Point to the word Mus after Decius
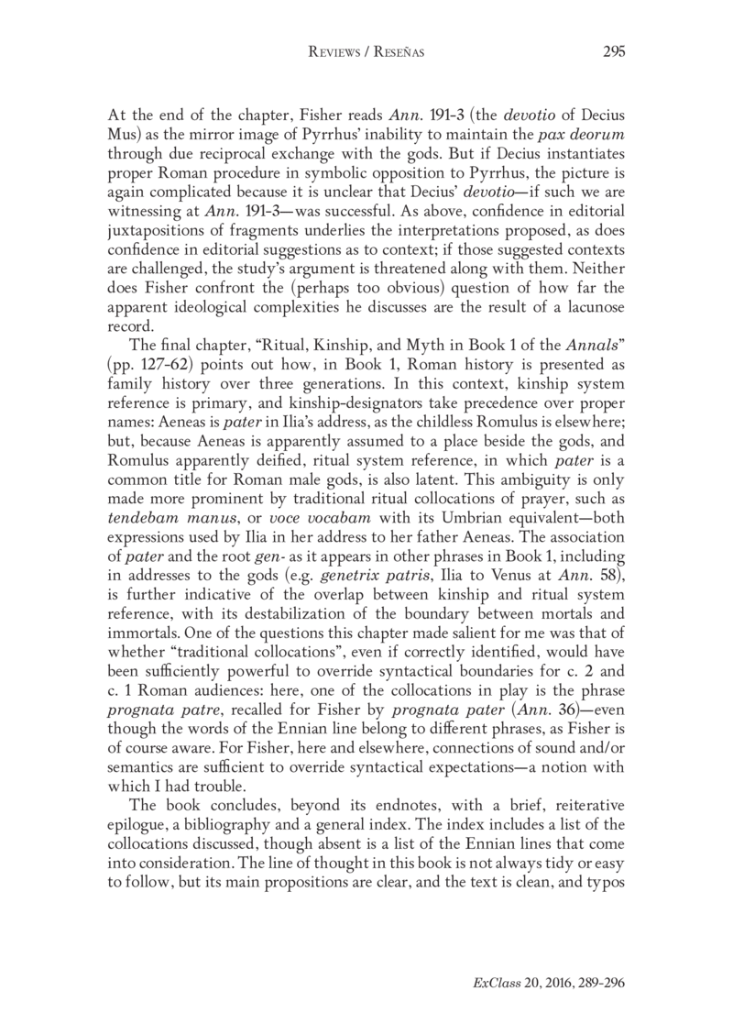(x=121, y=141)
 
